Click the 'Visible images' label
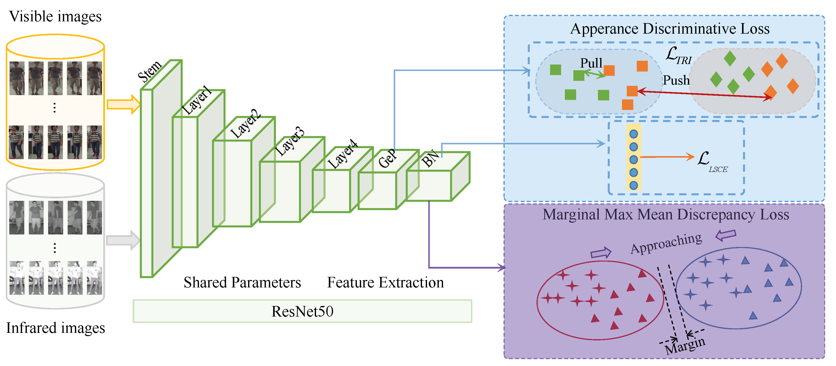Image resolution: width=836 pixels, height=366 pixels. click(x=55, y=16)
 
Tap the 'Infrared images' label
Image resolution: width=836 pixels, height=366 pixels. click(x=55, y=328)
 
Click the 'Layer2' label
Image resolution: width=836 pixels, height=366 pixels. click(x=246, y=124)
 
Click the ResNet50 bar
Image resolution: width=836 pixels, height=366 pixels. click(x=302, y=311)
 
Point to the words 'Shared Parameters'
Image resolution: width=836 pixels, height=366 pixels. click(x=242, y=282)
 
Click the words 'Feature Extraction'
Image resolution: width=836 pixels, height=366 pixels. click(x=385, y=282)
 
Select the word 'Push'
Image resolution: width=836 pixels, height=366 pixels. click(x=676, y=80)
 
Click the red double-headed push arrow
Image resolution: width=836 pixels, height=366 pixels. click(x=704, y=94)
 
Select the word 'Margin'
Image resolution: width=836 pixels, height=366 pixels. click(x=685, y=346)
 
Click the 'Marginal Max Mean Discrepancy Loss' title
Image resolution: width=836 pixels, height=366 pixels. click(x=666, y=215)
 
